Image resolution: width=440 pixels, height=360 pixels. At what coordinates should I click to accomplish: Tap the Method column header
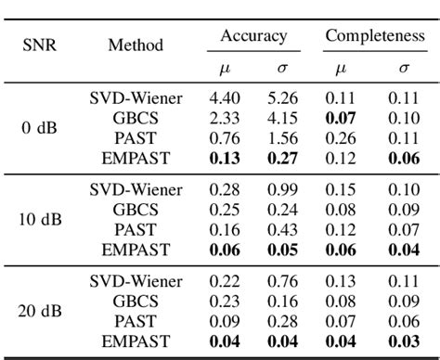[136, 44]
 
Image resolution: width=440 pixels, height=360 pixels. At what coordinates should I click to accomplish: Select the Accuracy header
[253, 36]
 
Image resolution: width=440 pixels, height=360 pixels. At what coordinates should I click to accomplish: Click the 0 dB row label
[38, 127]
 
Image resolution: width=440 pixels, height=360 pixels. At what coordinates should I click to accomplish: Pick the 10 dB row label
[38, 220]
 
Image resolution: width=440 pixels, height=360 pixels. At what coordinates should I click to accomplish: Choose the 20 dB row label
[38, 312]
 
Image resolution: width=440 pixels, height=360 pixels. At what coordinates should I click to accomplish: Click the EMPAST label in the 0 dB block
[137, 158]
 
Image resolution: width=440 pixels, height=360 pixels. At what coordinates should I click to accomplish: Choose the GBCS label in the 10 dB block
[137, 209]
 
